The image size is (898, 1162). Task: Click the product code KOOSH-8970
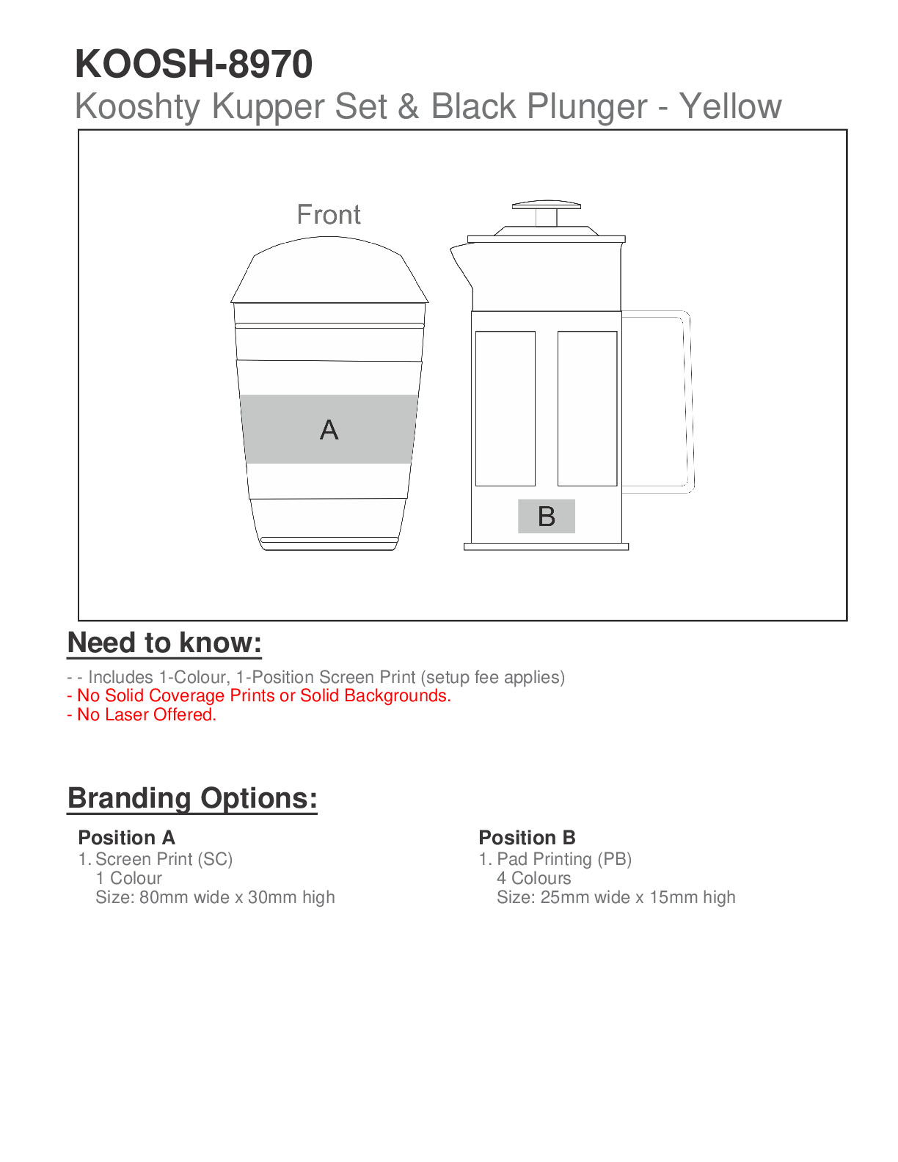194,64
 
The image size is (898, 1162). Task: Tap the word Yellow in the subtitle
730,106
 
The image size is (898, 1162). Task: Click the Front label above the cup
329,215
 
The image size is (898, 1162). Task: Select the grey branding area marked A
329,429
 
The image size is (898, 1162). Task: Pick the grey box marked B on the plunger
546,516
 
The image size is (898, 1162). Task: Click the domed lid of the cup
329,271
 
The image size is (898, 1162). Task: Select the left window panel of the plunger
505,408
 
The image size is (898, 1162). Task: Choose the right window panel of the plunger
587,408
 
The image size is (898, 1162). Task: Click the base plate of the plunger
546,547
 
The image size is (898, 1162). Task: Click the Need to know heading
164,643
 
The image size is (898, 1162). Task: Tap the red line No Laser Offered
142,715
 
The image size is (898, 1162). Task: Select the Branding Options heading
192,798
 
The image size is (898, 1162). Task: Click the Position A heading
126,838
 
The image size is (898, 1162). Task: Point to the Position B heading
527,838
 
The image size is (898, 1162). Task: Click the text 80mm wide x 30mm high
236,897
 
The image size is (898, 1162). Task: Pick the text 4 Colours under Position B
533,878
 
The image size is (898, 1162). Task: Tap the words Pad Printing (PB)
563,859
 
